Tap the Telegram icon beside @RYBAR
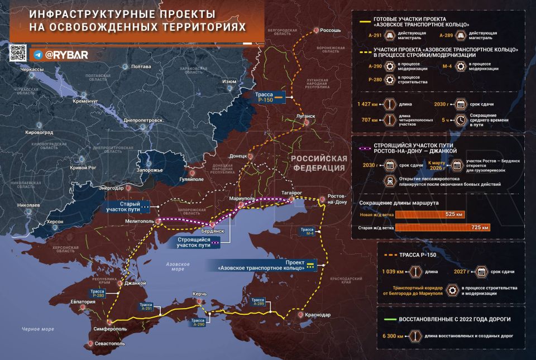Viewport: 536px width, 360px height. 38,55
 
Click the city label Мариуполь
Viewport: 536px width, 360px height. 242,199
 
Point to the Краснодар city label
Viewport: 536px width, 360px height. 318,315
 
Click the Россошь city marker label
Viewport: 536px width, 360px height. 330,30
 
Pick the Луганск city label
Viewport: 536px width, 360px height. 306,117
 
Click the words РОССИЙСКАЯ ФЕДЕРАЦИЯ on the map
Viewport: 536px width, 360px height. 318,163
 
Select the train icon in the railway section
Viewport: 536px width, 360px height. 387,181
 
